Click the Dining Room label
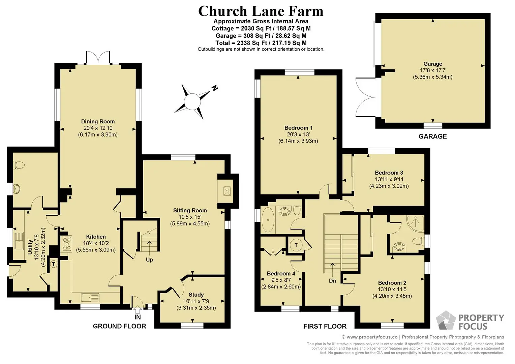pos(98,121)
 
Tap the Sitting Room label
pos(190,210)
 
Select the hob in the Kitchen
pos(67,244)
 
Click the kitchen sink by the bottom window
pos(90,298)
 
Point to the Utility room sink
pos(19,241)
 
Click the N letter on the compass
pos(215,88)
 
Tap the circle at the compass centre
pos(192,101)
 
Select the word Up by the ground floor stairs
pos(149,260)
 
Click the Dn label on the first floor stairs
pos(332,281)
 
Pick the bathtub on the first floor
pos(268,220)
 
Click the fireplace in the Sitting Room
pos(227,191)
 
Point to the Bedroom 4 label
pos(281,273)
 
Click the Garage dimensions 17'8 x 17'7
pos(433,70)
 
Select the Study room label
pos(196,295)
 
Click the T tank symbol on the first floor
pos(296,245)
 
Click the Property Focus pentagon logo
pos(446,320)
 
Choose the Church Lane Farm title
pos(261,11)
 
